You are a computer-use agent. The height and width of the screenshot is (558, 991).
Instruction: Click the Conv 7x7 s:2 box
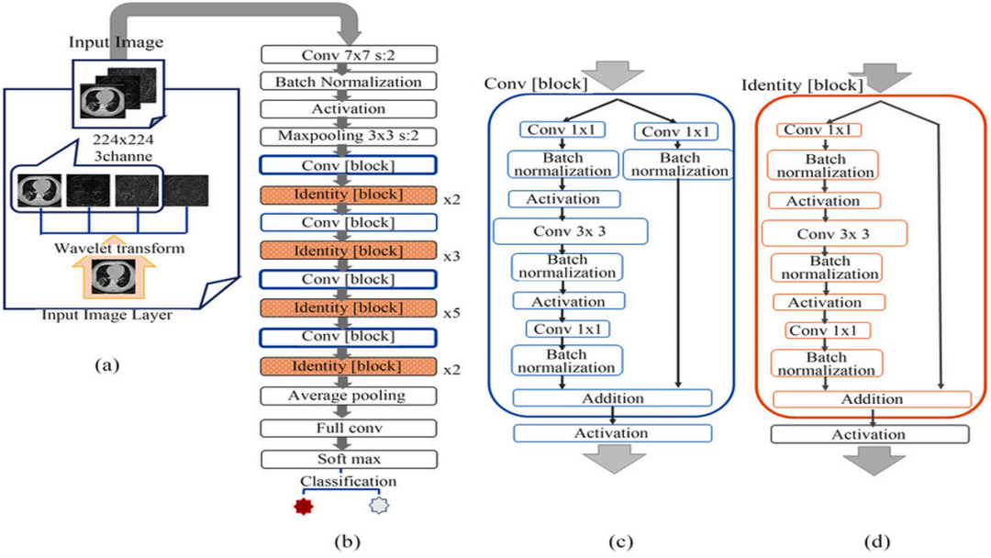pos(346,55)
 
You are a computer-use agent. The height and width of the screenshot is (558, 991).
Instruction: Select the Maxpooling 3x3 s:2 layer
pos(346,137)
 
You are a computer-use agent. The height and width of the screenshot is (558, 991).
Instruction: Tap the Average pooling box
pos(346,396)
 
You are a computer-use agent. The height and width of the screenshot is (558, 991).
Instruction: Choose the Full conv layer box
pos(346,428)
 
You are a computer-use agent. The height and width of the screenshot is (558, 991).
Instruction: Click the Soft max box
pos(346,457)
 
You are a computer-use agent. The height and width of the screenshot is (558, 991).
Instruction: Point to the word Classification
pos(348,481)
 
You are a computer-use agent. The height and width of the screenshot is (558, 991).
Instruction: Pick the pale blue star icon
pos(378,506)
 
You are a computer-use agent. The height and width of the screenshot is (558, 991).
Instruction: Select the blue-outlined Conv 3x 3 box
pos(570,232)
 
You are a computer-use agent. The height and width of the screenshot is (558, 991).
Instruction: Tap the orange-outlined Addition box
pos(872,399)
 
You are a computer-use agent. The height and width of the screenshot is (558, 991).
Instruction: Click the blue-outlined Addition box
pos(612,398)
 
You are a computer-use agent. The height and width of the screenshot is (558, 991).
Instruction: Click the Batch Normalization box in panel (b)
pos(346,82)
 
